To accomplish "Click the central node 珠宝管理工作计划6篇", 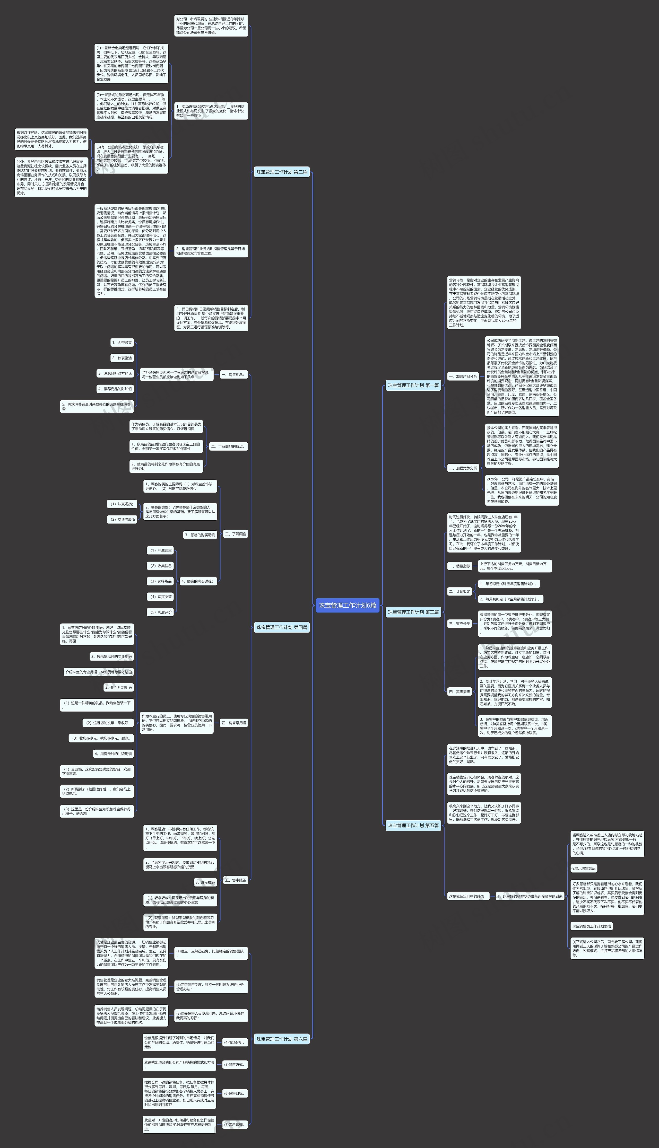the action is coord(347,605).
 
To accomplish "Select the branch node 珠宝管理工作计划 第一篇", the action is coord(413,385).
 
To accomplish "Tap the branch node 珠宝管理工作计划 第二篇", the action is coord(282,172).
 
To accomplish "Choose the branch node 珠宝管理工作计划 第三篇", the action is coord(413,612).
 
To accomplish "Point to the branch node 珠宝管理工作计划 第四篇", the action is coord(282,627).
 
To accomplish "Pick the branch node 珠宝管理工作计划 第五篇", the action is coord(413,826).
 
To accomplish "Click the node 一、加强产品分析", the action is coord(463,376).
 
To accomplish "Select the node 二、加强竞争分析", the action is coord(463,468).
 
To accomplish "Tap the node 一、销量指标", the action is coord(459,566).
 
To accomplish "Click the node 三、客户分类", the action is coord(459,624).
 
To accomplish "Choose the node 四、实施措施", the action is coord(459,691).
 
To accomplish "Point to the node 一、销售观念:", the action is coord(233,374).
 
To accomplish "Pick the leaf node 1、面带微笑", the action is coord(122,343).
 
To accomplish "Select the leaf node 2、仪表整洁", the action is coord(122,358).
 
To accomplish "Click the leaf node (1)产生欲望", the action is coord(161,550).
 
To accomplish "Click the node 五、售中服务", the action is coord(235,880).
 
